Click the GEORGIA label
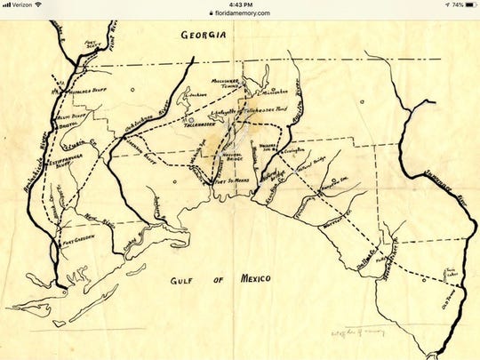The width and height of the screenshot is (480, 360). tap(204, 36)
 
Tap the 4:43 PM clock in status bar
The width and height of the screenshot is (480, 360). tap(240, 4)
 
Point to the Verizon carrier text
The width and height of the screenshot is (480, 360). tap(22, 4)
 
